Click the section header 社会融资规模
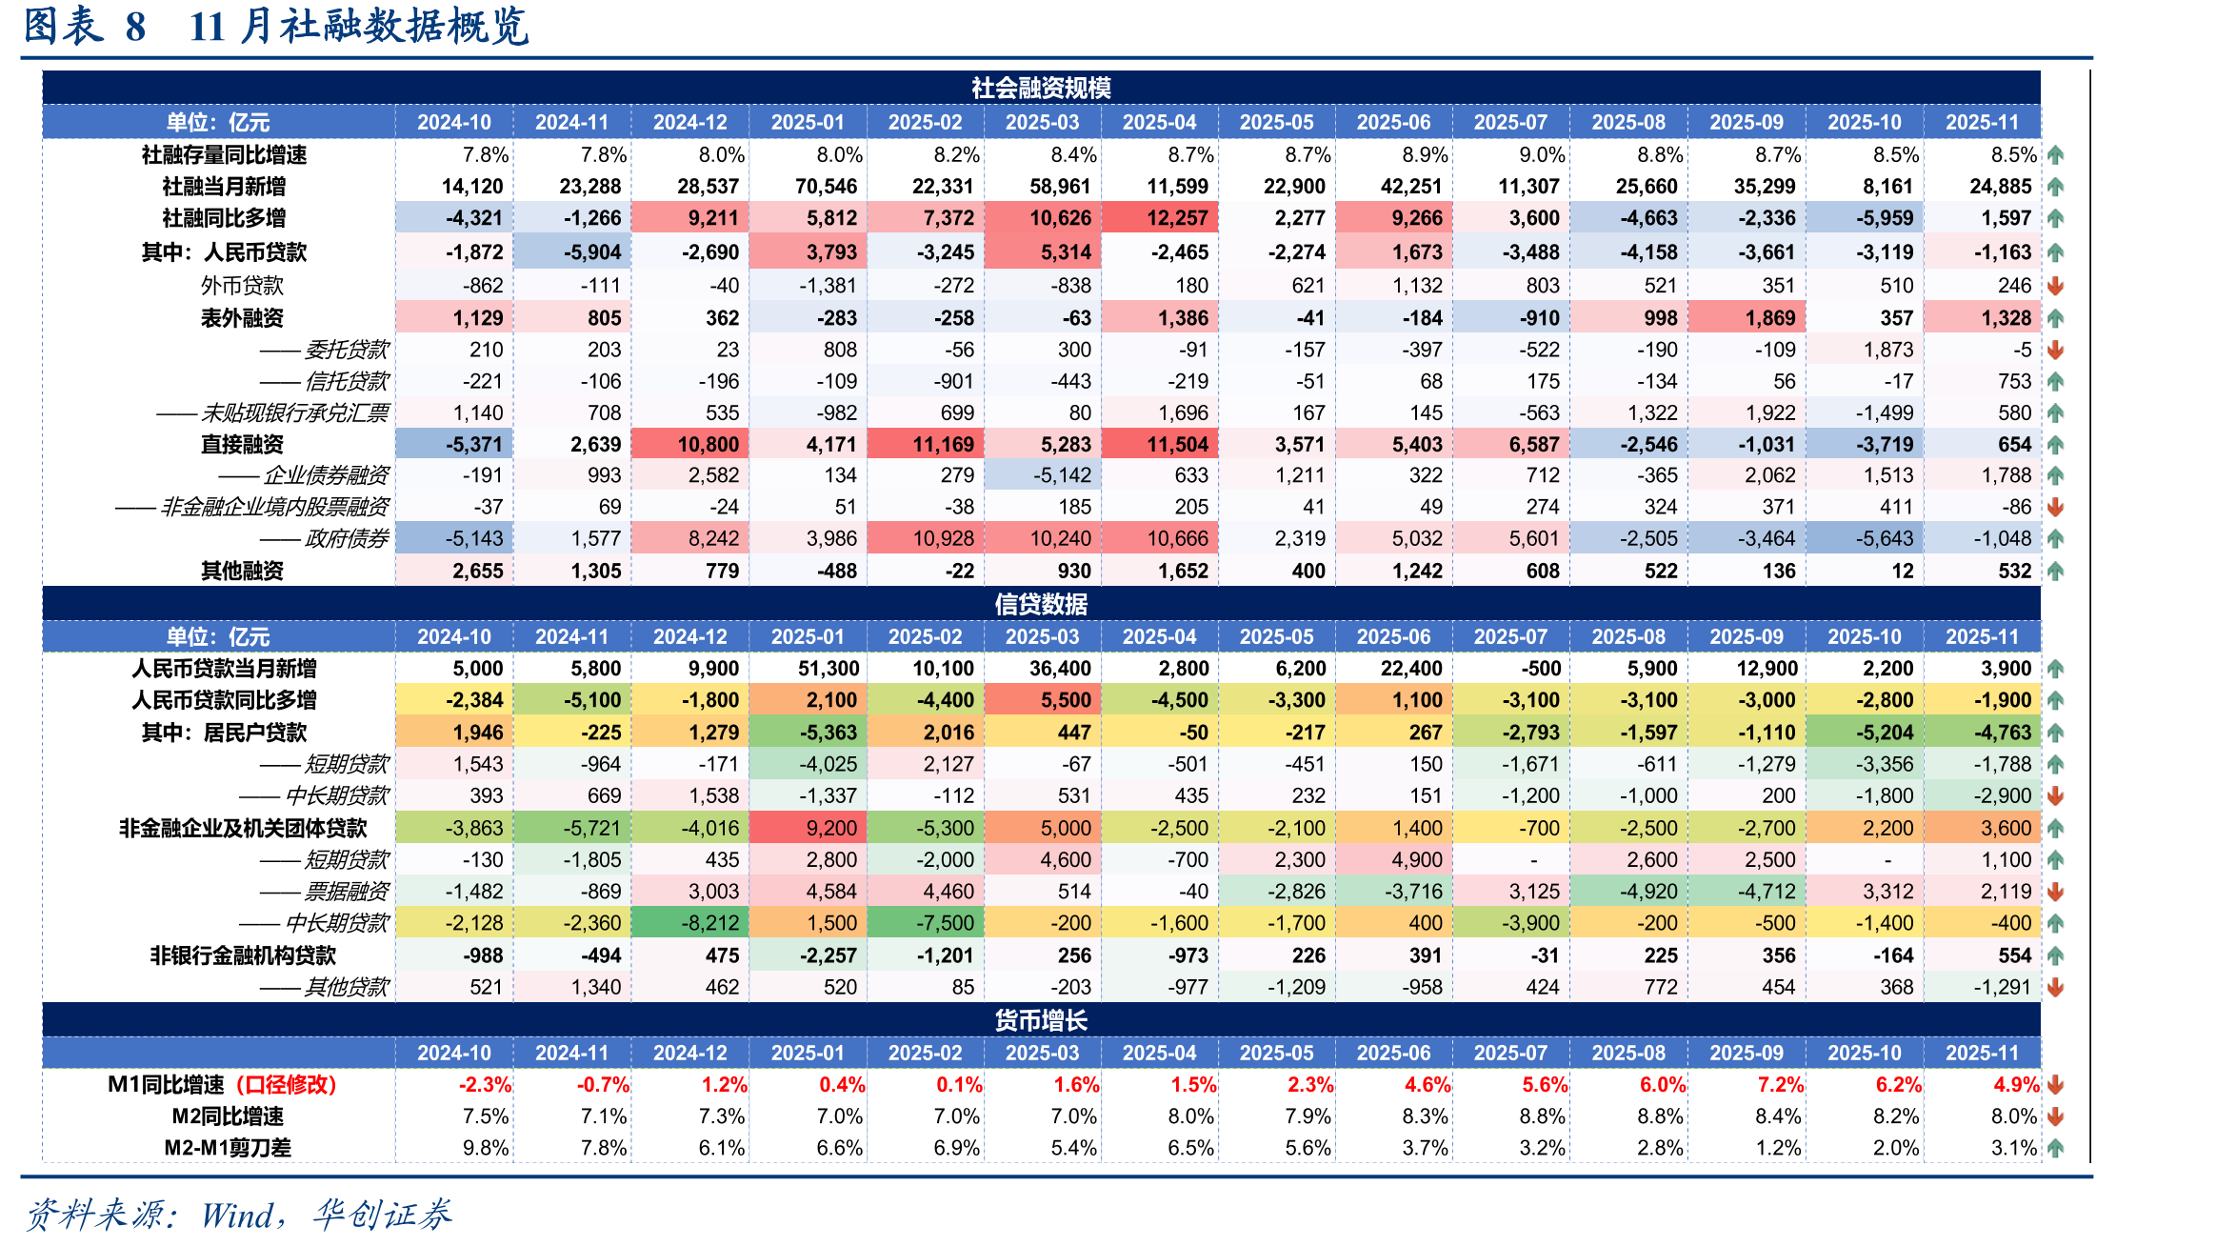coord(1041,88)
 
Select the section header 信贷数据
coord(1041,604)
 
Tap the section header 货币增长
coord(1041,1020)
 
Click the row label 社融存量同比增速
coord(224,154)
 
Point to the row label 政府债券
coord(347,538)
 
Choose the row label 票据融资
coord(347,891)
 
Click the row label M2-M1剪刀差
coord(228,1147)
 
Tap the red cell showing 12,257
coord(1160,218)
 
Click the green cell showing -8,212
coord(690,923)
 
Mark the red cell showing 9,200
coord(808,828)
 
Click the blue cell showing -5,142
coord(1043,474)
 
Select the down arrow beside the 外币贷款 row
coord(2055,285)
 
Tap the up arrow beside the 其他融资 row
coord(2055,571)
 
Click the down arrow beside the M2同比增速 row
coord(2055,1115)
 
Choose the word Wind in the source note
coord(237,1216)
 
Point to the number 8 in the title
coord(135,27)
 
